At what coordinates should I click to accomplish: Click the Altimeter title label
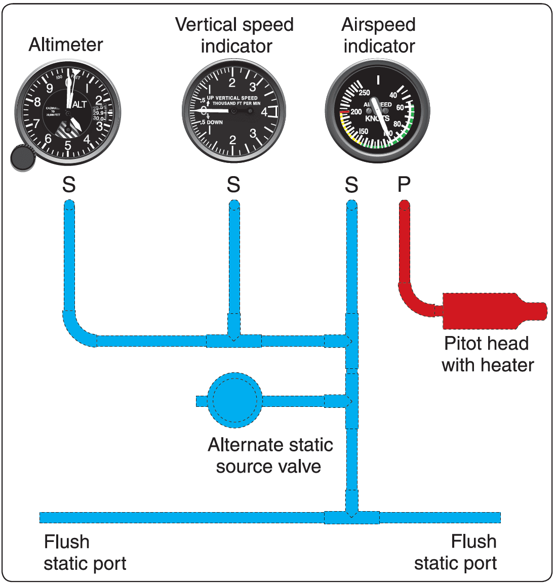pyautogui.click(x=66, y=45)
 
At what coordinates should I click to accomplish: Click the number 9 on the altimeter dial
pyautogui.click(x=49, y=89)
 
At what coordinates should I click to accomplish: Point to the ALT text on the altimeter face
pyautogui.click(x=80, y=105)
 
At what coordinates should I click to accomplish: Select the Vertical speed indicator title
pyautogui.click(x=234, y=35)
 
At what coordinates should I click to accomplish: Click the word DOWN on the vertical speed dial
pyautogui.click(x=215, y=122)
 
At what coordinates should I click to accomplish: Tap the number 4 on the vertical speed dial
pyautogui.click(x=264, y=112)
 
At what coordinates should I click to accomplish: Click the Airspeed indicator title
pyautogui.click(x=379, y=35)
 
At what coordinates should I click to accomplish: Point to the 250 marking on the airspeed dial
pyautogui.click(x=365, y=93)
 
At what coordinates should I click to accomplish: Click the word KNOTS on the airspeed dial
pyautogui.click(x=377, y=118)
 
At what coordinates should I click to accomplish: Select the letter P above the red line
pyautogui.click(x=404, y=185)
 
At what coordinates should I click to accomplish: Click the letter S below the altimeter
pyautogui.click(x=69, y=185)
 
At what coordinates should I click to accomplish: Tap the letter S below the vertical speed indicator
pyautogui.click(x=233, y=185)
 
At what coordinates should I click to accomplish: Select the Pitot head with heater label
pyautogui.click(x=487, y=354)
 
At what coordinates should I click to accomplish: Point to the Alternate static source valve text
pyautogui.click(x=270, y=455)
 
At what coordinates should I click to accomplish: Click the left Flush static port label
pyautogui.click(x=85, y=553)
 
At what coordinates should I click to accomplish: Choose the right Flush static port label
pyautogui.click(x=456, y=553)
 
